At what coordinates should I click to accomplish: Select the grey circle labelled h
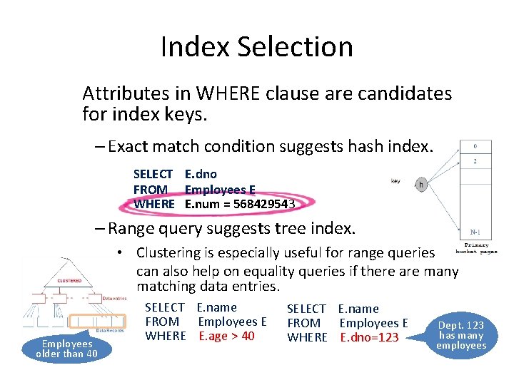pyautogui.click(x=420, y=184)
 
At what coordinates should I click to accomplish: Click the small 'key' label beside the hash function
pyautogui.click(x=395, y=181)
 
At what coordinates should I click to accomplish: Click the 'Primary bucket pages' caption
pyautogui.click(x=477, y=247)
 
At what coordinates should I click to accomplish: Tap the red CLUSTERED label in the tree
pyautogui.click(x=69, y=281)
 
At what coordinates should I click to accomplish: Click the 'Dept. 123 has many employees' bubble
pyautogui.click(x=461, y=335)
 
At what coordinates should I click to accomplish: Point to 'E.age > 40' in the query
pyautogui.click(x=226, y=336)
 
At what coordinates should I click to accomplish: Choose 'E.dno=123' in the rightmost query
pyautogui.click(x=369, y=337)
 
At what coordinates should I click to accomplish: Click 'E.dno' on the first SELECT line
pyautogui.click(x=201, y=174)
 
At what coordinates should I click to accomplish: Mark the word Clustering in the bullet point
pyautogui.click(x=169, y=252)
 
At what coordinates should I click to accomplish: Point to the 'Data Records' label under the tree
pyautogui.click(x=110, y=330)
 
